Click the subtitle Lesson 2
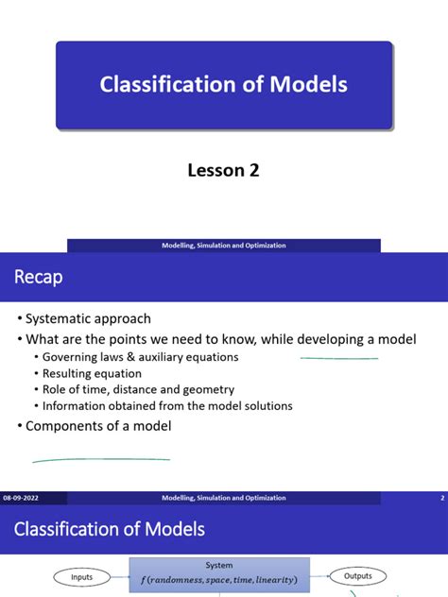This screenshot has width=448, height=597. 223,170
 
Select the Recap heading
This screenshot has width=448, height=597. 39,276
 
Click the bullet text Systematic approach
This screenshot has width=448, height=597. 88,318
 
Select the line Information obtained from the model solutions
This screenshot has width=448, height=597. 167,406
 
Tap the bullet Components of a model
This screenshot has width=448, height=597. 98,426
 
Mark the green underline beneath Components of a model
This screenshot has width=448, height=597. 101,460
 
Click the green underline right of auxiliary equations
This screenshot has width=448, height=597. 339,358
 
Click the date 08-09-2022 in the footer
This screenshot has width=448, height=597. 21,497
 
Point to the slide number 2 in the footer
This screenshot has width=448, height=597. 442,497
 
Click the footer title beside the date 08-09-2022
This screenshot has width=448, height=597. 223,497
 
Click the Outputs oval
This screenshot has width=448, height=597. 357,576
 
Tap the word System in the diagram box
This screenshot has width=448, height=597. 218,566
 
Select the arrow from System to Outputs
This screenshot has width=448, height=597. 318,576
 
